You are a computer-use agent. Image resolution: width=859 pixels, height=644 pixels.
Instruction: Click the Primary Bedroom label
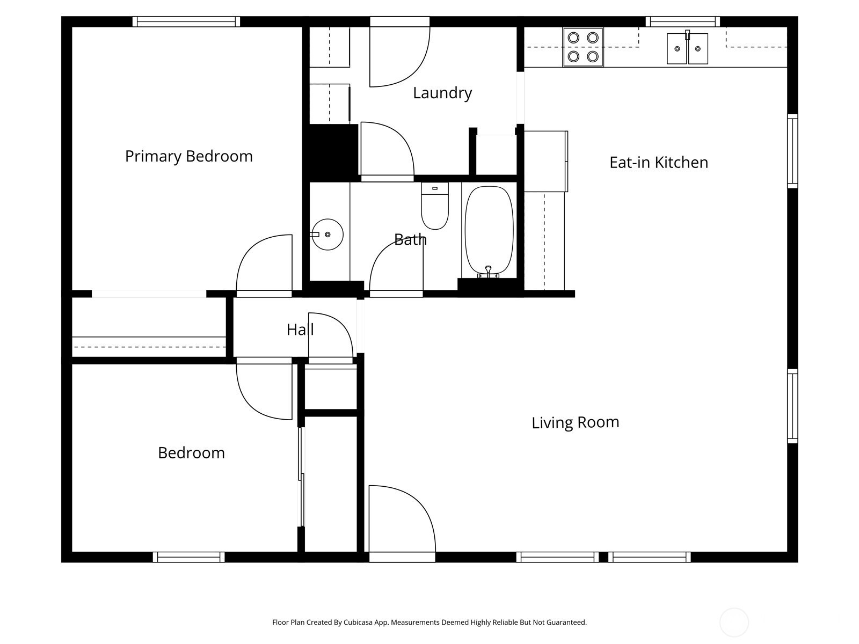click(x=188, y=156)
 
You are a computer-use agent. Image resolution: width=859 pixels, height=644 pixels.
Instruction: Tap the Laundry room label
click(x=442, y=93)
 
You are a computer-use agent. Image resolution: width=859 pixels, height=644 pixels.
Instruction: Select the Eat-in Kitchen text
click(x=659, y=163)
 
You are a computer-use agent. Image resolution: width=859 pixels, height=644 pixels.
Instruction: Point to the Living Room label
click(x=576, y=423)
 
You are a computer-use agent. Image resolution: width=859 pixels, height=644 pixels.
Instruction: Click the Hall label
click(x=300, y=330)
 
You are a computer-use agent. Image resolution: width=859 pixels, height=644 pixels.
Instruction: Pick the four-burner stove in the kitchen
click(x=583, y=47)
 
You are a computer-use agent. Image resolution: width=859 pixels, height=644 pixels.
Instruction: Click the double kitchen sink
click(x=687, y=48)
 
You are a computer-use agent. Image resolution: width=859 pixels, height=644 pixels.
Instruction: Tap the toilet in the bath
click(x=435, y=206)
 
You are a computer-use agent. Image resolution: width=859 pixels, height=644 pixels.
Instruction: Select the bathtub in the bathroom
click(x=489, y=231)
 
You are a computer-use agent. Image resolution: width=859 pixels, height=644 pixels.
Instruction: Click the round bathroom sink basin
click(x=327, y=235)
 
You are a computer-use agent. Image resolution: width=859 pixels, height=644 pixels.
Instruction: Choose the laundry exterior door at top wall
click(x=399, y=52)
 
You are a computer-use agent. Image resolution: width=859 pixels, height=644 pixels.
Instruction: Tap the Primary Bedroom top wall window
click(x=186, y=21)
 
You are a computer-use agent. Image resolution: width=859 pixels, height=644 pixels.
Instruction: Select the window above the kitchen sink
click(x=682, y=21)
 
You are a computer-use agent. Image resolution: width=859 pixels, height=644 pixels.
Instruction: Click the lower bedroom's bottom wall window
click(x=188, y=557)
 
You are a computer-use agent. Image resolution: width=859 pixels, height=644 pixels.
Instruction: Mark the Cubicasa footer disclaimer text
click(x=429, y=623)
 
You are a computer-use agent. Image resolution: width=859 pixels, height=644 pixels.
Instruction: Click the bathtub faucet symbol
click(x=488, y=272)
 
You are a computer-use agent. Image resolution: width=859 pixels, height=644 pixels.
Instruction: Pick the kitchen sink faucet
click(x=687, y=35)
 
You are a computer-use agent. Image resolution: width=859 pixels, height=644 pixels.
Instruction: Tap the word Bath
click(x=410, y=240)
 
